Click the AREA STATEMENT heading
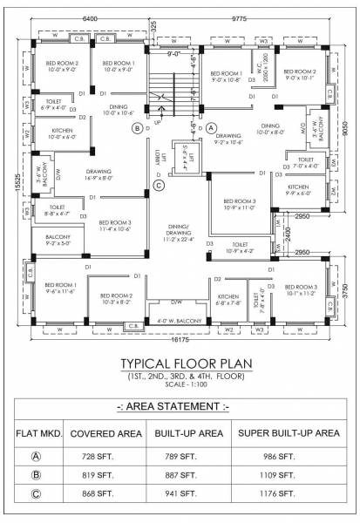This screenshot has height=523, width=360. (180, 405)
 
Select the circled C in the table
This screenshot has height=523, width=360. (34, 492)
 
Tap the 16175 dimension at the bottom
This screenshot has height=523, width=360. (180, 342)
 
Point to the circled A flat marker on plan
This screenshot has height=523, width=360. (210, 127)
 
